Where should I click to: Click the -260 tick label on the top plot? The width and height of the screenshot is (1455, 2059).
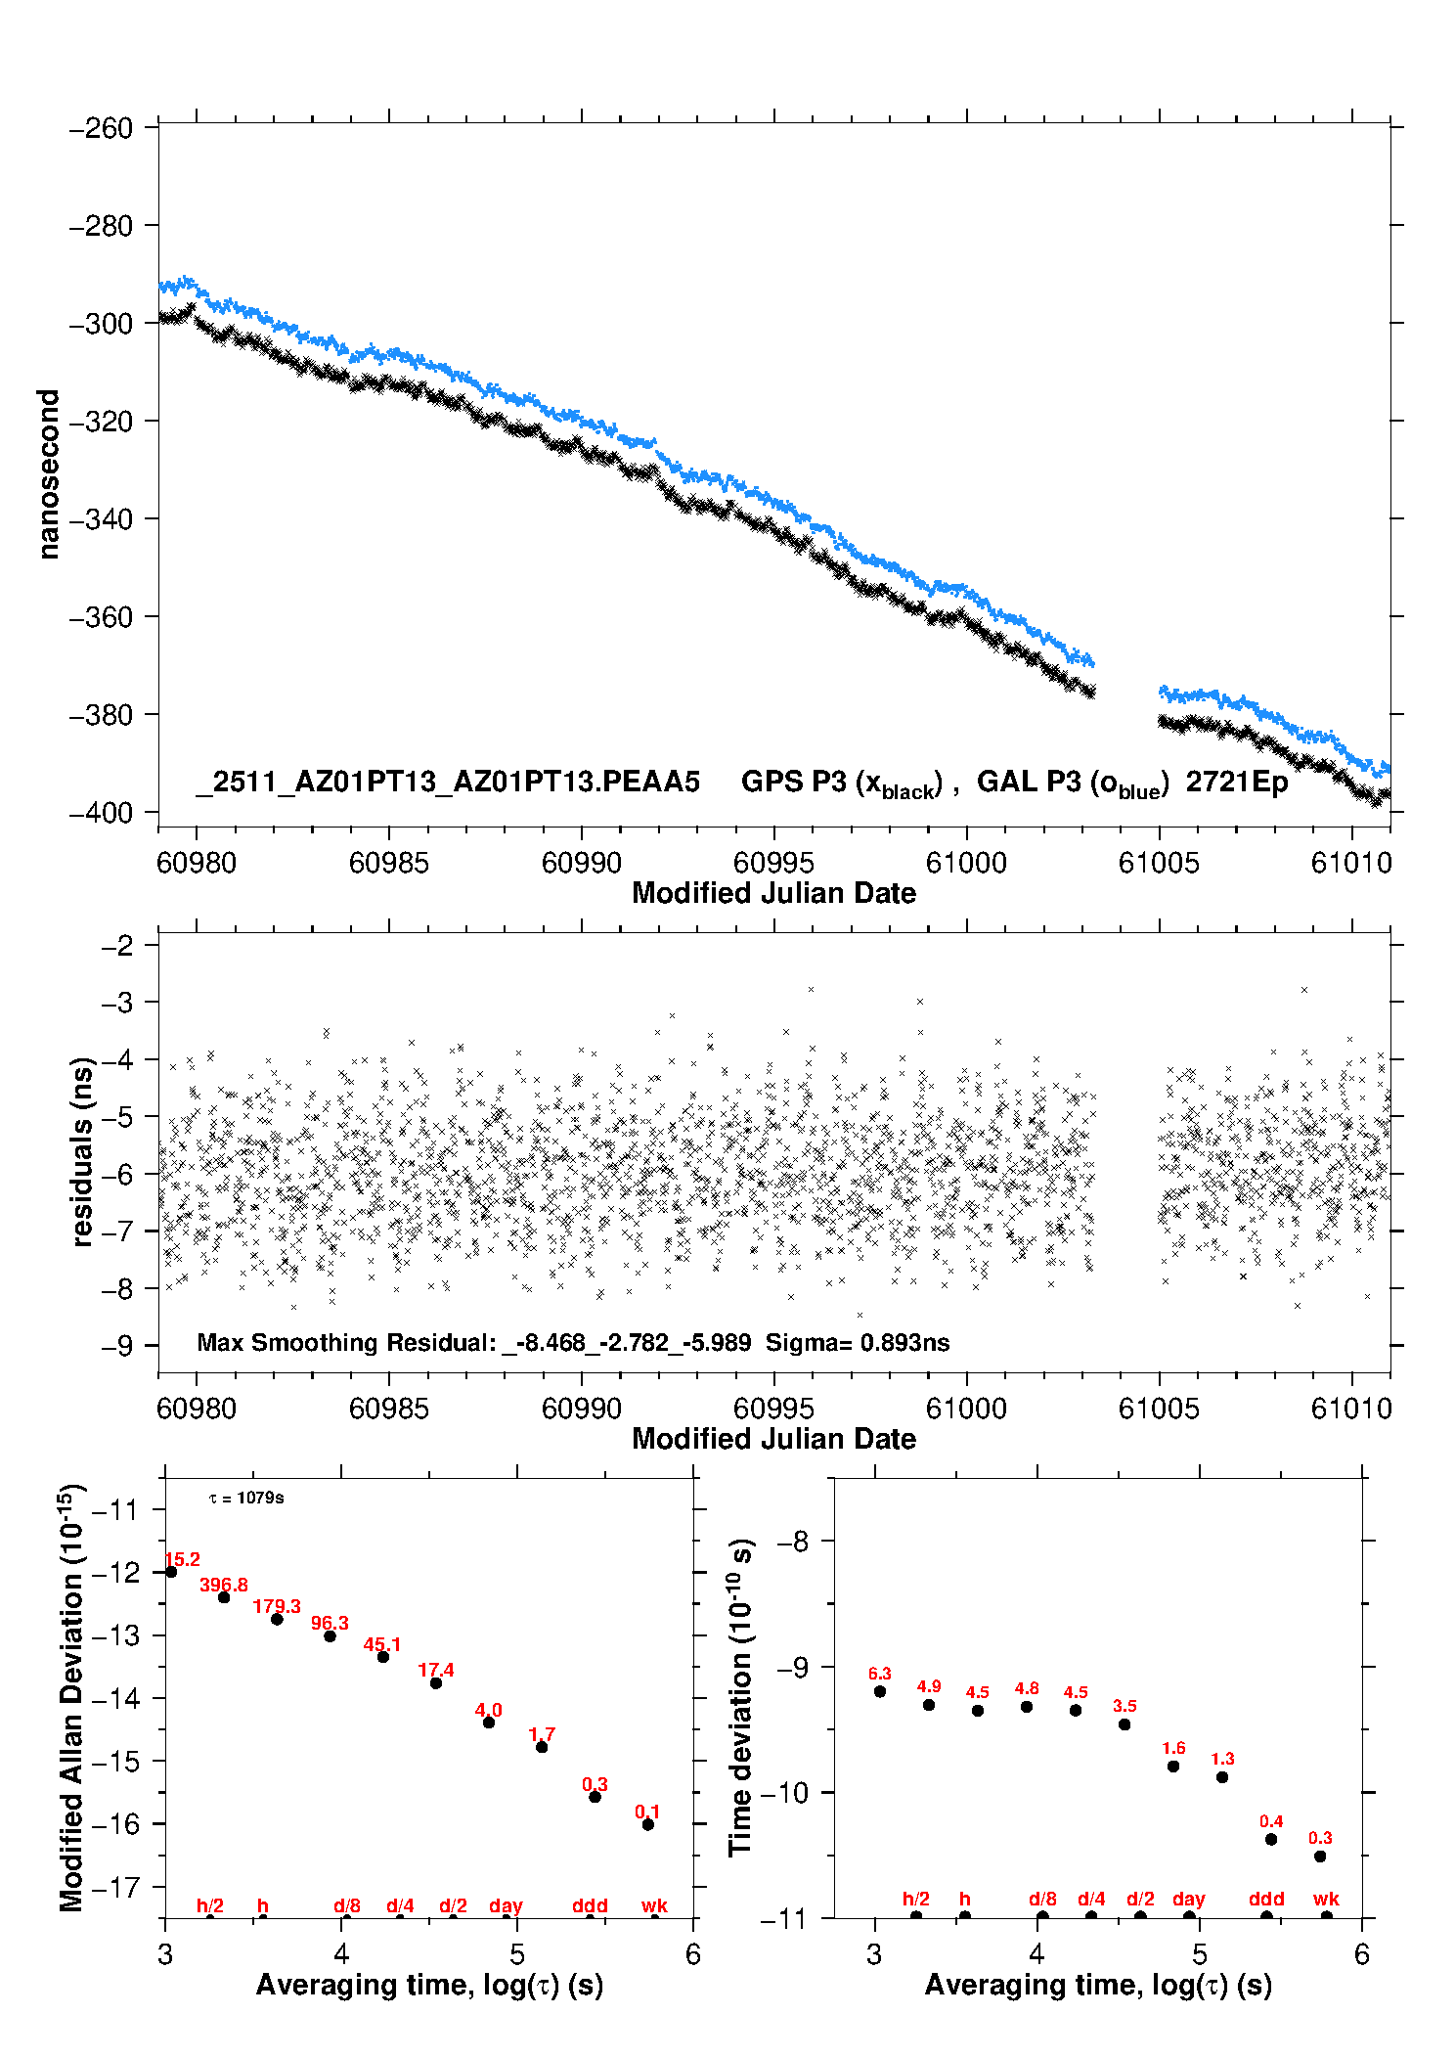click(101, 128)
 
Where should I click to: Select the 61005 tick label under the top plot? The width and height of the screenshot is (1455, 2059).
click(1159, 863)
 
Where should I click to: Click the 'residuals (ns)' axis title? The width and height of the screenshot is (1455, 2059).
click(82, 1151)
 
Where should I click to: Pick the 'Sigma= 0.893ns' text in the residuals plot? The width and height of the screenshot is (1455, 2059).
click(857, 1342)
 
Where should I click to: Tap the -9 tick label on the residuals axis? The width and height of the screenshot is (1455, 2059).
click(117, 1346)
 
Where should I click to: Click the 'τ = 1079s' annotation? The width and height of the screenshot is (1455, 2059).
click(246, 1498)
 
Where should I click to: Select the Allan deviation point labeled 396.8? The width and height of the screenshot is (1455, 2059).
click(224, 1597)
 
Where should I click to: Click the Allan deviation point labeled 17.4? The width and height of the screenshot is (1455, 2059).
click(436, 1682)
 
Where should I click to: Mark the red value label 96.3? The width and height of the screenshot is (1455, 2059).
click(330, 1623)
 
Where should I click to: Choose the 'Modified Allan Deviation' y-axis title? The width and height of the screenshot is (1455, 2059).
click(72, 1697)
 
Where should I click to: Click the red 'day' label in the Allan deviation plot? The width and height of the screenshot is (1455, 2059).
click(506, 1905)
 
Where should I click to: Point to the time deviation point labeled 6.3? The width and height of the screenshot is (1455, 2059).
click(880, 1691)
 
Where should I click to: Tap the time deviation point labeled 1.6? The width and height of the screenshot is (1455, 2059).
click(1173, 1767)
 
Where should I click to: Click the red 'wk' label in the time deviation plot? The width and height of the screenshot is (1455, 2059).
click(1326, 1899)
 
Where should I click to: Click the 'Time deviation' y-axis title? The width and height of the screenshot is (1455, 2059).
click(741, 1697)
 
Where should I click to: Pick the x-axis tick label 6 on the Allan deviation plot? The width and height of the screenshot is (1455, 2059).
click(693, 1954)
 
